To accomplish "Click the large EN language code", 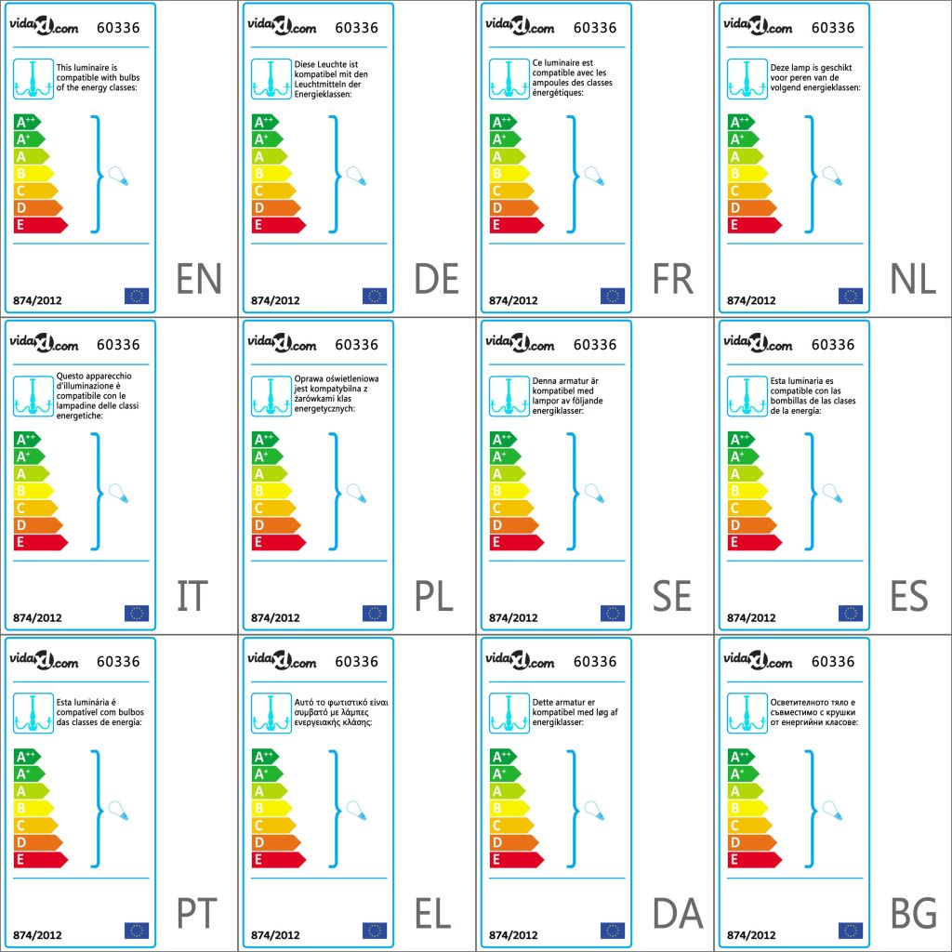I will pyautogui.click(x=199, y=279).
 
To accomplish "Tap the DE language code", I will pyautogui.click(x=436, y=279).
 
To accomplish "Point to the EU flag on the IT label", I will pyautogui.click(x=137, y=613).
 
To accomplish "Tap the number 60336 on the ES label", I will pyautogui.click(x=832, y=345).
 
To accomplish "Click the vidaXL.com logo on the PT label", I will pyautogui.click(x=45, y=661).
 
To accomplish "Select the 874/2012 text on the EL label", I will pyautogui.click(x=275, y=934).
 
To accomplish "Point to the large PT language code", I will pyautogui.click(x=197, y=914).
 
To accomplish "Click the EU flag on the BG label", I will pyautogui.click(x=851, y=930).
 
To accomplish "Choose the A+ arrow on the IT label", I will pyautogui.click(x=29, y=456).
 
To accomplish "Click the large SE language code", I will pyautogui.click(x=672, y=596).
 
